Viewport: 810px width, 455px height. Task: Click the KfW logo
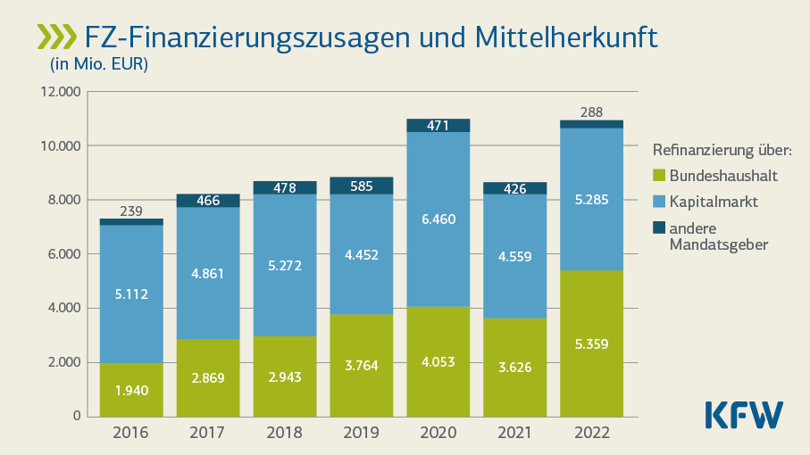coord(743,415)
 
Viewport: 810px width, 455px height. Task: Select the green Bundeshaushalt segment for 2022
coord(591,343)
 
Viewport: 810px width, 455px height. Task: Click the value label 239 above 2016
coord(131,211)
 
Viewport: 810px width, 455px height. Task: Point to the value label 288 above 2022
coord(591,112)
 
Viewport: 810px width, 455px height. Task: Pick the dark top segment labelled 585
coord(361,186)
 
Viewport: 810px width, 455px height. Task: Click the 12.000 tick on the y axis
coord(60,92)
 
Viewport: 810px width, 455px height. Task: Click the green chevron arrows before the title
coord(57,37)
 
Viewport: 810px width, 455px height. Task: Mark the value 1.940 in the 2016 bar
coord(131,390)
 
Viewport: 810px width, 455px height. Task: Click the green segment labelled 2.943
coord(284,376)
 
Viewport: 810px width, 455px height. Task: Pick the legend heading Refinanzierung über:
coord(722,149)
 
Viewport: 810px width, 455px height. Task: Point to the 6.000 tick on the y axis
coord(63,254)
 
